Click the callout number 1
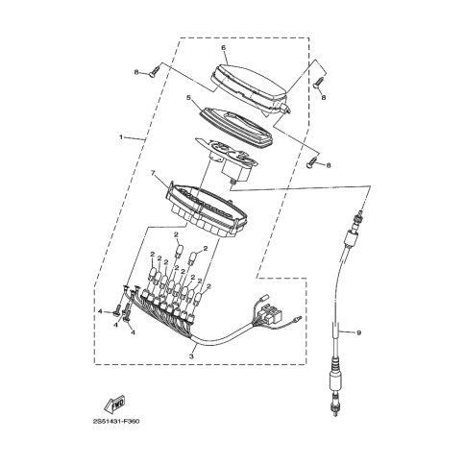[x=121, y=137]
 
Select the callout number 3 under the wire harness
[x=191, y=355]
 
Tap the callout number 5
[x=189, y=96]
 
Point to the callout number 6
[x=223, y=48]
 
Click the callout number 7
[x=153, y=173]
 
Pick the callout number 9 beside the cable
[x=358, y=333]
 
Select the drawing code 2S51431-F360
[x=116, y=421]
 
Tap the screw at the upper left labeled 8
[x=155, y=71]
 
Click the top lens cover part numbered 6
[x=251, y=87]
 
